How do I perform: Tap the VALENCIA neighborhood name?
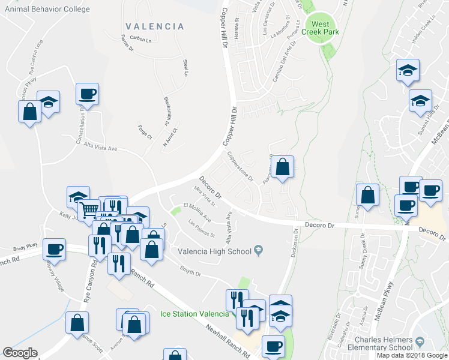(x=155, y=26)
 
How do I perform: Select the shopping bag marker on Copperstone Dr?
(x=282, y=166)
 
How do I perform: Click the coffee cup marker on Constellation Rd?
(x=87, y=94)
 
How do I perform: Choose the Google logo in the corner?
(x=20, y=353)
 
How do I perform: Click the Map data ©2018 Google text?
(x=412, y=355)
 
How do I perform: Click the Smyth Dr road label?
(x=190, y=272)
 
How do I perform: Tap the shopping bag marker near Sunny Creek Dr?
(x=367, y=195)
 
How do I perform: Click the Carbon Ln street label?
(x=140, y=40)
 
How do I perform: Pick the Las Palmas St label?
(x=201, y=229)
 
